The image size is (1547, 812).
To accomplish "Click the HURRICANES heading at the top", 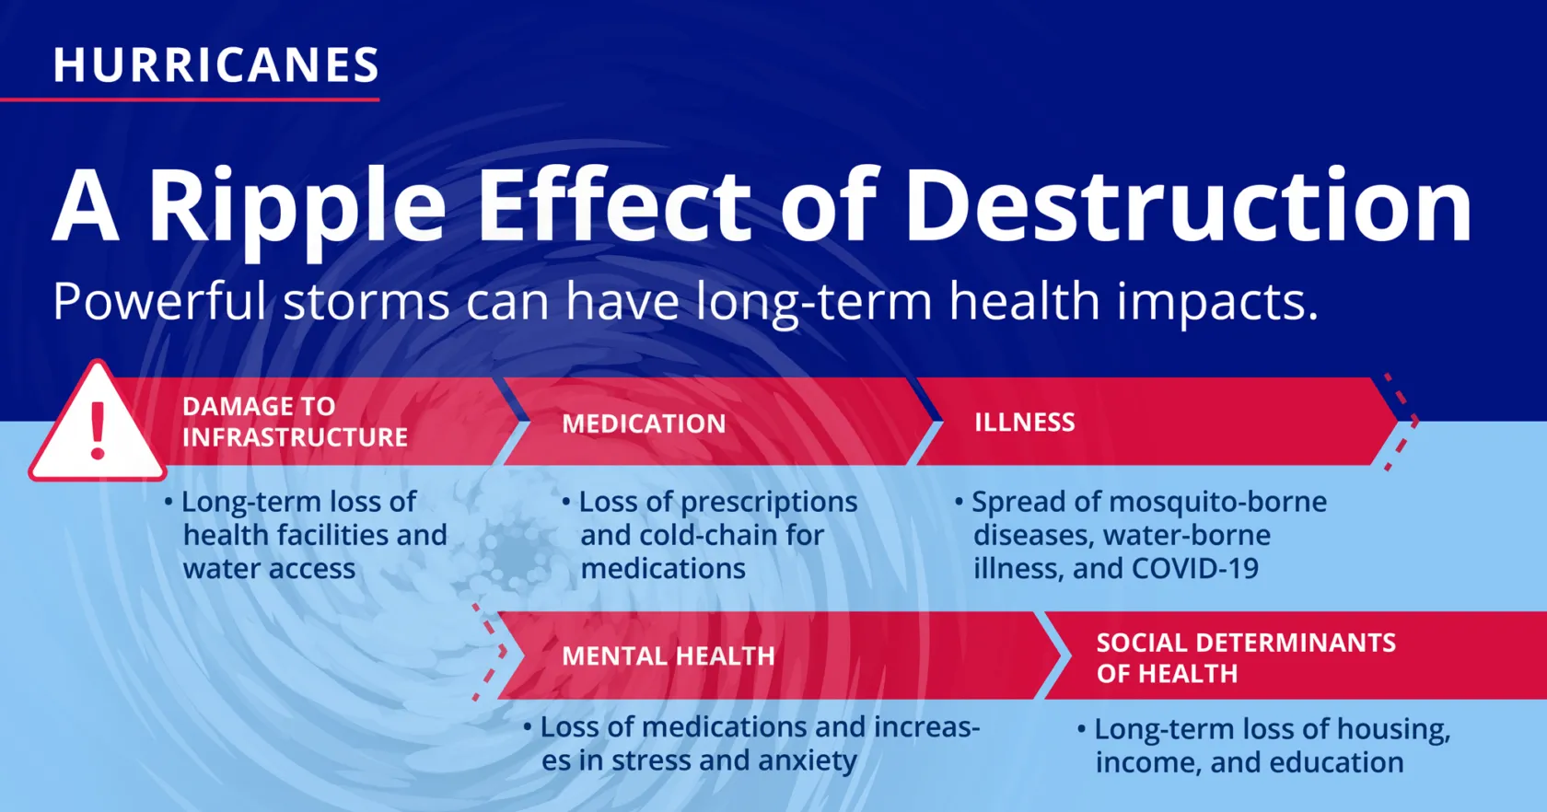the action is pos(216,64).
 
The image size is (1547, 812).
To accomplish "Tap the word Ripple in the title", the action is pos(297,207).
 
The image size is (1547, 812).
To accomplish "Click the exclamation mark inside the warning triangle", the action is pos(98,431).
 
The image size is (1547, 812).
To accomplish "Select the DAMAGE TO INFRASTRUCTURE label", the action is pos(295,422).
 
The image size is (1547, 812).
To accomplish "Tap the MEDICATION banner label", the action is pos(644,423).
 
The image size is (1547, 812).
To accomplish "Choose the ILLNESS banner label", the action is pos(1025,422).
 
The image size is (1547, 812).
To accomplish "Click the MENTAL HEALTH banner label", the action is pos(669,655).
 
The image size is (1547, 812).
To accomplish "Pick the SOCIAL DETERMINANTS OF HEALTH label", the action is pos(1246,657).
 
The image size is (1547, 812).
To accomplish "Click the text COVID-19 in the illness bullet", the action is pos(1195,568).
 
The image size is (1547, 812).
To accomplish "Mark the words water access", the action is pos(269,569).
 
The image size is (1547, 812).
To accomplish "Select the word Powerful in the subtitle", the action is pos(159,301).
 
